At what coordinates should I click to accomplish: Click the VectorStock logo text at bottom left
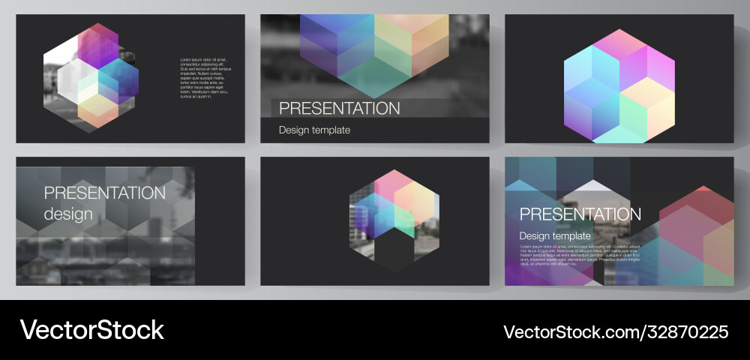[91, 330]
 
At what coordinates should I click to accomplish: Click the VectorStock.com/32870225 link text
[616, 331]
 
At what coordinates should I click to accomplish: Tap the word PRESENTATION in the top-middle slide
[340, 108]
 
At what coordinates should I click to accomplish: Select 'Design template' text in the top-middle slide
[314, 130]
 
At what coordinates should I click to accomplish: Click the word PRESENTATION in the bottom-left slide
[104, 193]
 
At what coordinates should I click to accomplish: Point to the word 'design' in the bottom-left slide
[68, 214]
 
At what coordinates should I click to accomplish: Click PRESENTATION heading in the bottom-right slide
[580, 214]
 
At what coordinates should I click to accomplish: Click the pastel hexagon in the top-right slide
[619, 86]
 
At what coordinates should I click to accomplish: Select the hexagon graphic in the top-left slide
[91, 75]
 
